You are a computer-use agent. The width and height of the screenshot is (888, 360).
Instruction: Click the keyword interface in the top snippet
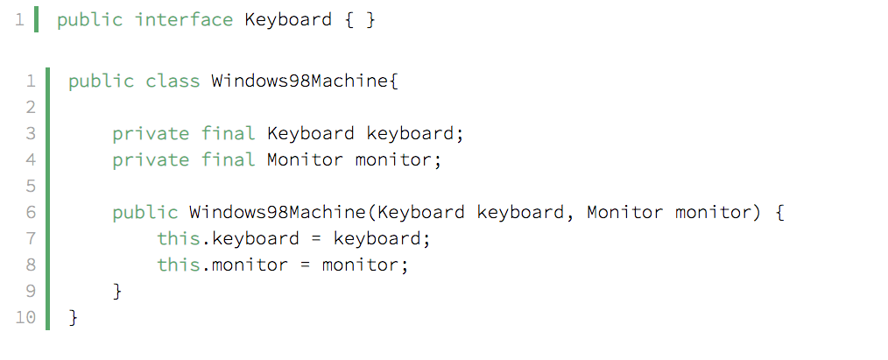click(184, 20)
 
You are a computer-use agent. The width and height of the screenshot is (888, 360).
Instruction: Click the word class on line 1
click(173, 81)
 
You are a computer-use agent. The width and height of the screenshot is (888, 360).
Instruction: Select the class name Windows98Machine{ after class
click(306, 81)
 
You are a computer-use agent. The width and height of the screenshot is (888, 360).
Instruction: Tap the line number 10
click(25, 317)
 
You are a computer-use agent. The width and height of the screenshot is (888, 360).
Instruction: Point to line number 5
click(31, 186)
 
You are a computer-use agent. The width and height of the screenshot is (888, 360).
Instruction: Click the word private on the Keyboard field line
click(151, 134)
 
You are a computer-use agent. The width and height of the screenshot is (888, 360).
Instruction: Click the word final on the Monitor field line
click(229, 159)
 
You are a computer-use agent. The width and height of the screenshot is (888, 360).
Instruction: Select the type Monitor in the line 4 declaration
click(306, 159)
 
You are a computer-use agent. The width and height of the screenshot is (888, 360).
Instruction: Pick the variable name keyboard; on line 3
click(415, 134)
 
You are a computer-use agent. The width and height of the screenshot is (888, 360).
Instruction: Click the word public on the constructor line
click(145, 212)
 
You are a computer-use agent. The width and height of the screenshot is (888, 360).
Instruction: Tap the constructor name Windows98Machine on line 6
click(278, 212)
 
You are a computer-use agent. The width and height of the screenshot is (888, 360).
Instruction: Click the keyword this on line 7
click(179, 238)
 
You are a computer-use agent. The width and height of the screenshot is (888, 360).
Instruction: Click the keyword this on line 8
click(179, 265)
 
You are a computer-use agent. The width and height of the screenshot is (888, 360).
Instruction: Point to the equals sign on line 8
click(306, 265)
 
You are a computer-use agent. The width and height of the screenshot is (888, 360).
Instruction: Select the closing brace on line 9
click(118, 291)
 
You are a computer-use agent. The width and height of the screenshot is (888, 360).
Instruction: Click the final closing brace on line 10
click(73, 317)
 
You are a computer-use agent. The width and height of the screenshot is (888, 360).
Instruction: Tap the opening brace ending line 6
click(779, 212)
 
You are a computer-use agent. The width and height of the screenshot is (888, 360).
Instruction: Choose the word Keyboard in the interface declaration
click(288, 20)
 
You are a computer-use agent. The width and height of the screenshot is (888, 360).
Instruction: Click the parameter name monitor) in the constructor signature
click(717, 212)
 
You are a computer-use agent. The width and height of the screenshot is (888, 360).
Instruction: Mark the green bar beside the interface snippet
click(36, 20)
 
